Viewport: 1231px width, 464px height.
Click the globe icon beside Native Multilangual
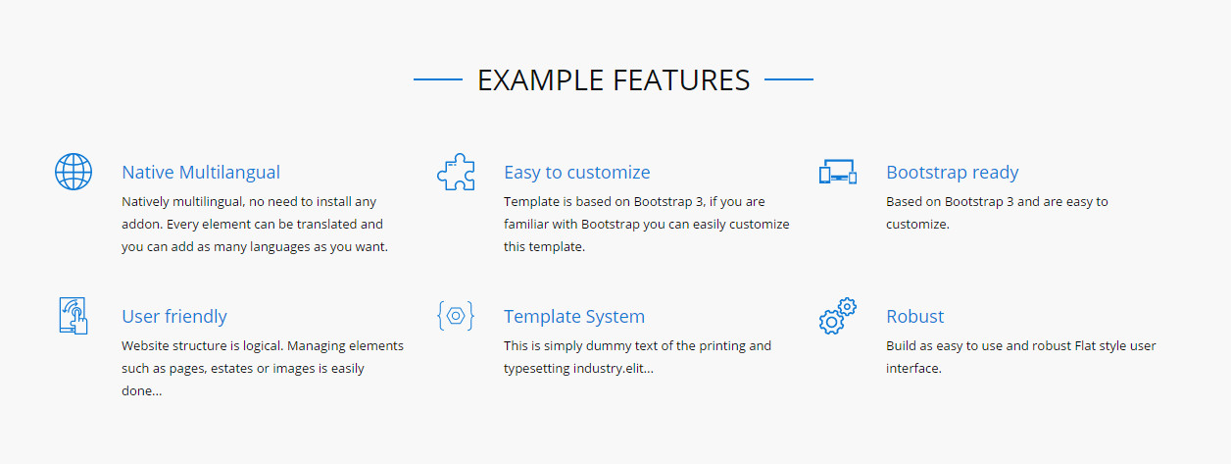74,172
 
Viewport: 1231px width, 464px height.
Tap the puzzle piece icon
456,172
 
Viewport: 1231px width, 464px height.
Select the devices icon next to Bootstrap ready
838,172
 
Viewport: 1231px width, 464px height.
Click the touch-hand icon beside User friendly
74,316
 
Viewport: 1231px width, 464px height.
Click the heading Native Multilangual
201,172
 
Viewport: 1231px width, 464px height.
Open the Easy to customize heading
577,172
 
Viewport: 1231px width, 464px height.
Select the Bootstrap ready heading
953,172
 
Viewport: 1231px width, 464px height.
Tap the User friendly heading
174,316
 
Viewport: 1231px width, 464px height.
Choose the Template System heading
574,316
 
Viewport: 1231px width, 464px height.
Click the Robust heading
915,316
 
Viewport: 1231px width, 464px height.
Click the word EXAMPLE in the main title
541,80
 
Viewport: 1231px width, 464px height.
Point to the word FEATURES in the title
681,80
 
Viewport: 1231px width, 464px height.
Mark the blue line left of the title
438,79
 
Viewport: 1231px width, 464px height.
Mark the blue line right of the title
789,79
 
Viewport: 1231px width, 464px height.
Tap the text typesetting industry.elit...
578,368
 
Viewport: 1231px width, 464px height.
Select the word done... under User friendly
142,390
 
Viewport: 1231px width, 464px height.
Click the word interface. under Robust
913,368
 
